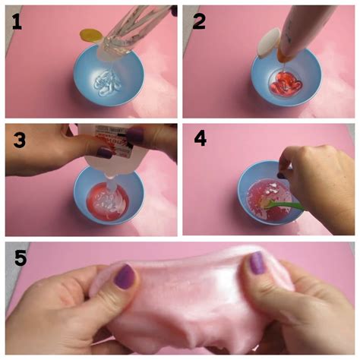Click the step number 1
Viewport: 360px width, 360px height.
[x=17, y=21]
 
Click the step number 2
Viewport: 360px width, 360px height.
[x=199, y=21]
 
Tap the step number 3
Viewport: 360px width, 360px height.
[x=20, y=141]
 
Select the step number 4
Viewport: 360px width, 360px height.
[x=201, y=138]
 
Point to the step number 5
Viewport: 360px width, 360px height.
[x=21, y=257]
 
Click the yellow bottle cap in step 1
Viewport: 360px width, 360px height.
[x=90, y=35]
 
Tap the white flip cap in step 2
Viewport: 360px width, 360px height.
[x=268, y=43]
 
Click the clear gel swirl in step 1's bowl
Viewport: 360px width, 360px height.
[x=107, y=83]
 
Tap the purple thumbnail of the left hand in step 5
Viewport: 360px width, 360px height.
[x=125, y=276]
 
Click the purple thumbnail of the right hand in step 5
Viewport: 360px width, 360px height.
[x=257, y=263]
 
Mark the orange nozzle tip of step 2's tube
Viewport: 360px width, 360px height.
[x=283, y=57]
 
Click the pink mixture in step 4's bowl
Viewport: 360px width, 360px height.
[x=268, y=200]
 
